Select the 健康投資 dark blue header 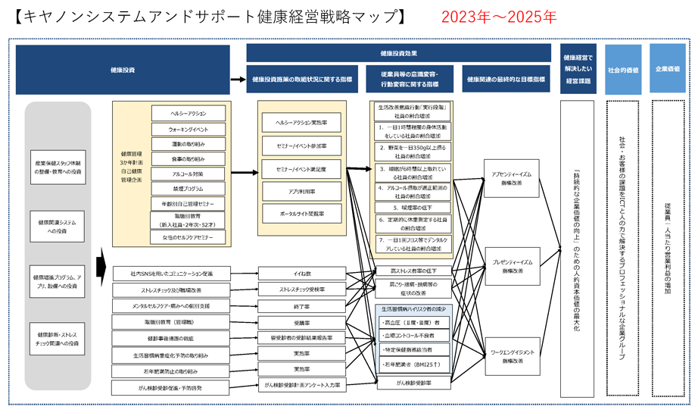coord(123,69)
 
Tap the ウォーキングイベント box coord(188,130)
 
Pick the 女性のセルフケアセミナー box coord(188,237)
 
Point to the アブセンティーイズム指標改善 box coord(512,179)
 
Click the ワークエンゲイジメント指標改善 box coord(512,356)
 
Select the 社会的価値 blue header coord(622,69)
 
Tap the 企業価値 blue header coord(667,69)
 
